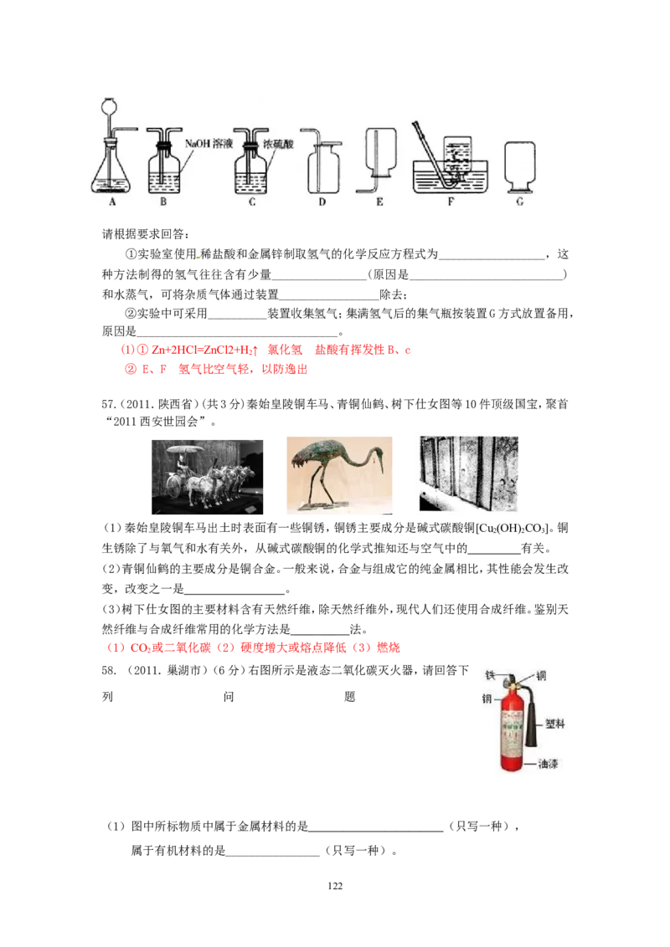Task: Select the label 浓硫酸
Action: [280, 144]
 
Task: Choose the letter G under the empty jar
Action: [520, 202]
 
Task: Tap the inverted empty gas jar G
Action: [519, 164]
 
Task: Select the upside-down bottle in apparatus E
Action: [379, 151]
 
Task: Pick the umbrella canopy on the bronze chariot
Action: [186, 449]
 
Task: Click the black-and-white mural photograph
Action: [469, 471]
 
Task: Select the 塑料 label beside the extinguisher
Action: [555, 723]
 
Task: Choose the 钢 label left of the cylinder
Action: [487, 699]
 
